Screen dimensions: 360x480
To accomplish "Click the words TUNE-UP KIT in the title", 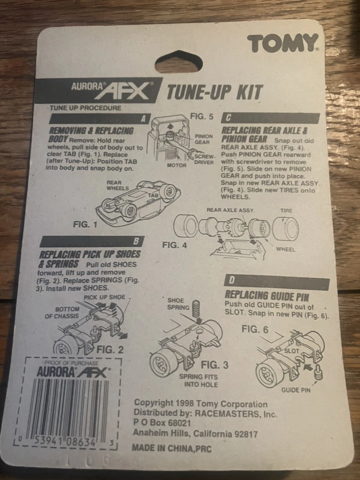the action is [214, 92].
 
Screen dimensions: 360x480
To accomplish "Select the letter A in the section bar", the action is [143, 119].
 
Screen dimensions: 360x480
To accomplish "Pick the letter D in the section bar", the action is [232, 280].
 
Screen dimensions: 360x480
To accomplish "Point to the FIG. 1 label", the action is [85, 224].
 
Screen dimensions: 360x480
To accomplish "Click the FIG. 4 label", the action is [174, 245].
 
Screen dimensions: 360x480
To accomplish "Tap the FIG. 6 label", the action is [255, 329].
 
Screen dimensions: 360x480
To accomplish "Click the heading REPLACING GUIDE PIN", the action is [267, 295].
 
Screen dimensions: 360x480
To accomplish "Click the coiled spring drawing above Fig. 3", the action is [195, 309].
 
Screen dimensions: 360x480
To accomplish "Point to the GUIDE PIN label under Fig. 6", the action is [296, 390].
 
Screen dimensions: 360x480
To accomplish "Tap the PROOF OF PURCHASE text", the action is [72, 363].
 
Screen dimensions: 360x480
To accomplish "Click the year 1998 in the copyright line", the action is [183, 404].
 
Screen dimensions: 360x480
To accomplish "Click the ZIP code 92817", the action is [246, 434].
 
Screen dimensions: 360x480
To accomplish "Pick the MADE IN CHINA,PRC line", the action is [172, 448].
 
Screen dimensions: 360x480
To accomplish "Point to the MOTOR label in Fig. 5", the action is [177, 165].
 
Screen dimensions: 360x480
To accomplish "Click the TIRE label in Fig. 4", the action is [286, 211].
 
